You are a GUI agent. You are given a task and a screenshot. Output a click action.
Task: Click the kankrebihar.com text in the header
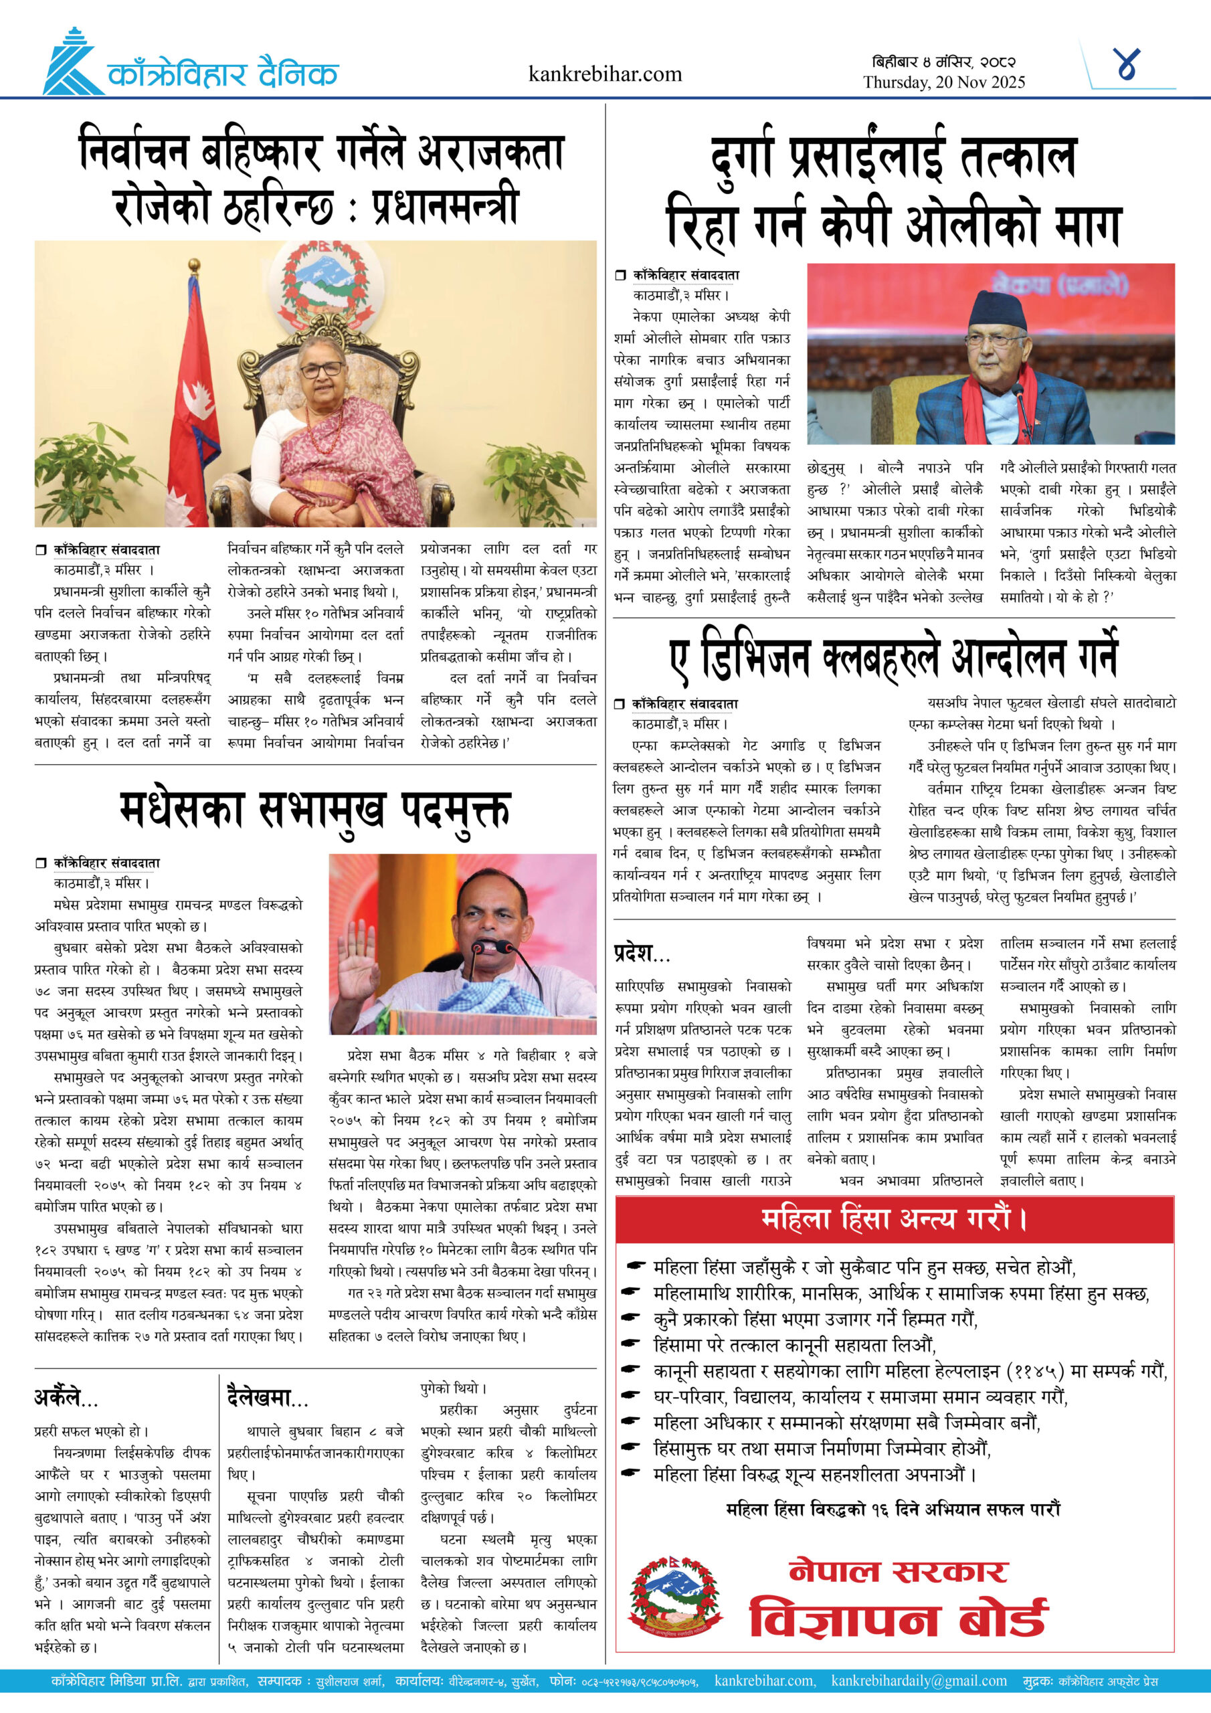click(x=604, y=74)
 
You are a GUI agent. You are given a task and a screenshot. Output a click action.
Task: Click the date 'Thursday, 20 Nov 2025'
click(x=944, y=82)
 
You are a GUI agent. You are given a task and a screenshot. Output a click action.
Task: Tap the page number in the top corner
click(x=1126, y=64)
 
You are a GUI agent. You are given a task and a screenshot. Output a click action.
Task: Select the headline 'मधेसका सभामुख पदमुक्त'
click(x=315, y=810)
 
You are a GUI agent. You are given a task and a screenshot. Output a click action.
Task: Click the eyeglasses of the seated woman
click(x=321, y=369)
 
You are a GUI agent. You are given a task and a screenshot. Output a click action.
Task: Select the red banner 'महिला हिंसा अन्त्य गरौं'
click(x=894, y=1219)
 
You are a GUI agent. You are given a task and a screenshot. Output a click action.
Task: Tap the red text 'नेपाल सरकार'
click(x=898, y=1571)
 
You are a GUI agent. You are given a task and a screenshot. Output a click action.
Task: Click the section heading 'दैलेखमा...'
click(x=267, y=1397)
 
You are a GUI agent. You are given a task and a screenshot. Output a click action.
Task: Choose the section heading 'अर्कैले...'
click(x=66, y=1397)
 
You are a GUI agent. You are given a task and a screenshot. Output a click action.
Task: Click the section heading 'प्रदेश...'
click(x=642, y=954)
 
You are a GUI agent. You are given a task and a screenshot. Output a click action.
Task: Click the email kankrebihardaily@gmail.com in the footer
click(x=919, y=1681)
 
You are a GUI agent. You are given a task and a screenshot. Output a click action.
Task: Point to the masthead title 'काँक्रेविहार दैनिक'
click(x=222, y=74)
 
